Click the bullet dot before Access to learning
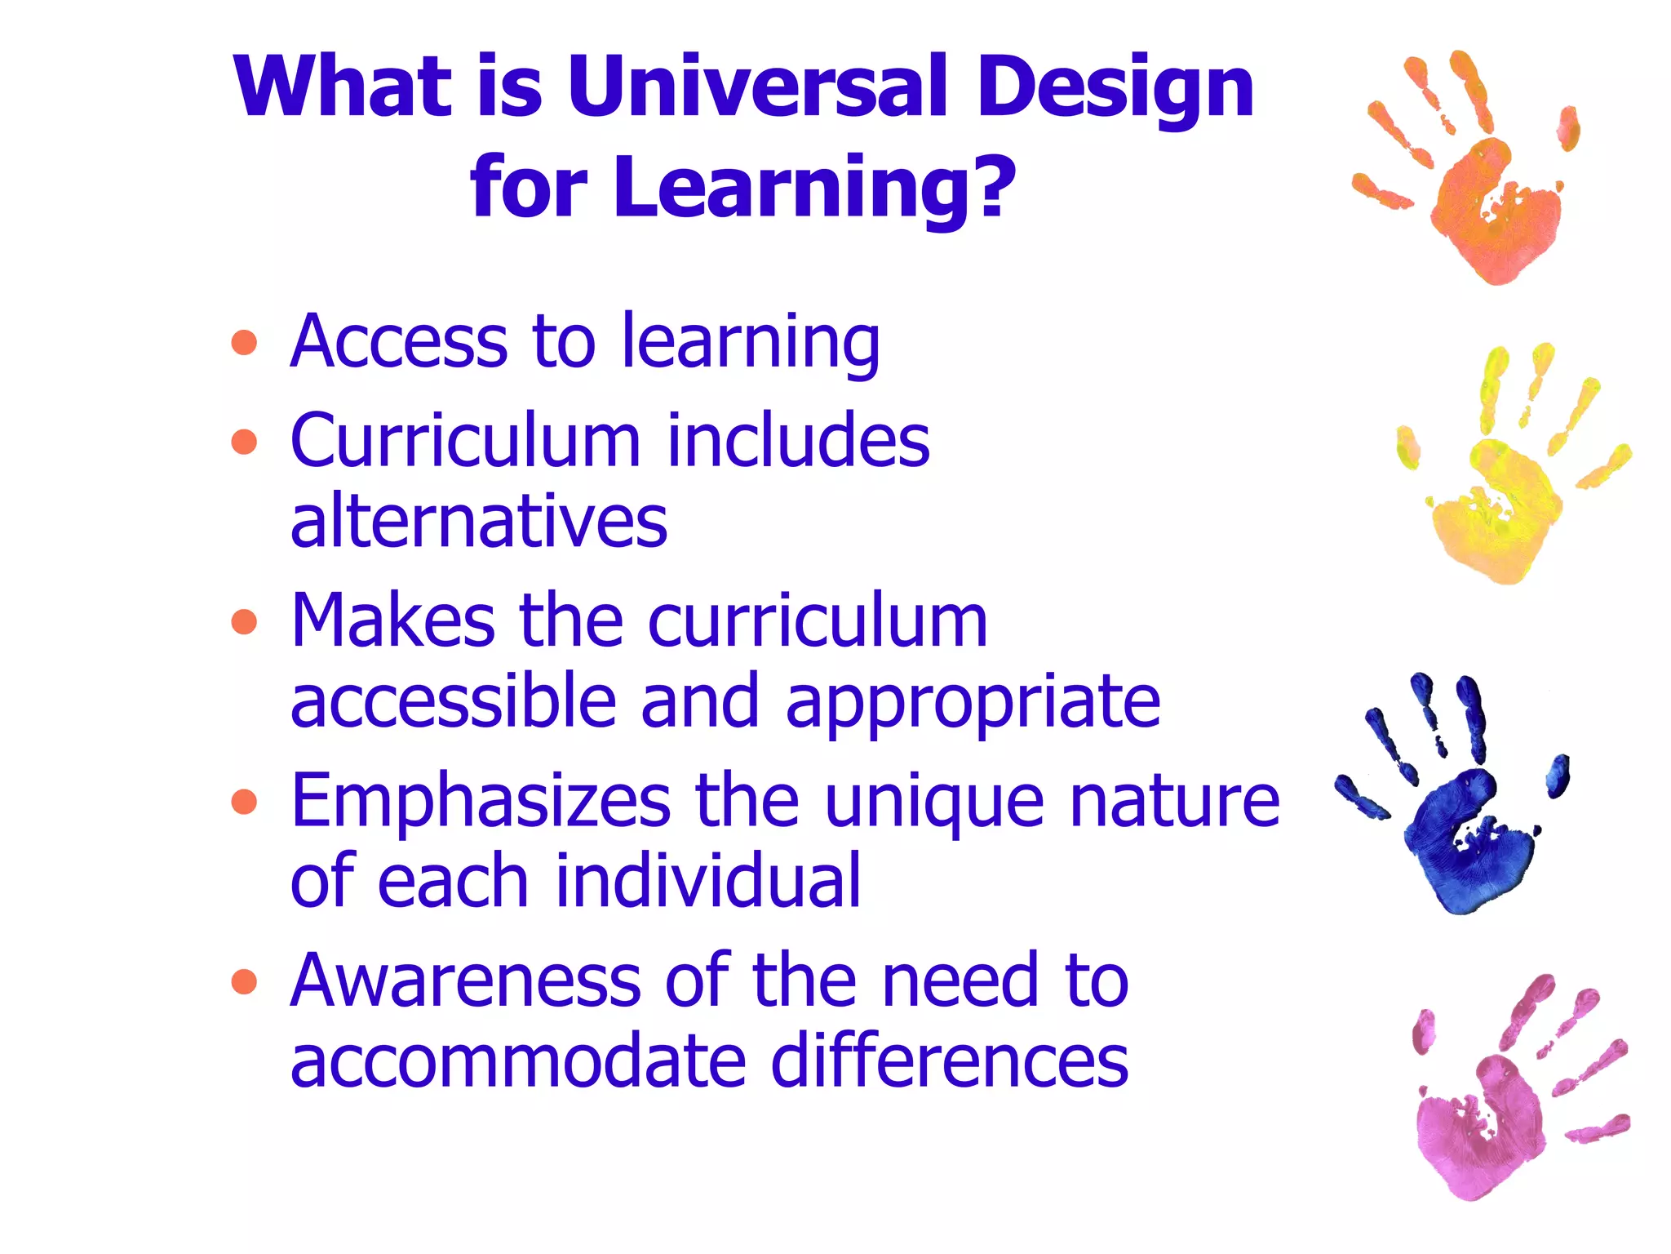pyautogui.click(x=244, y=343)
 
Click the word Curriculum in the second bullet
pyautogui.click(x=465, y=441)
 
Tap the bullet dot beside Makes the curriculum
pyautogui.click(x=244, y=622)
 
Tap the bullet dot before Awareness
pyautogui.click(x=244, y=981)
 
